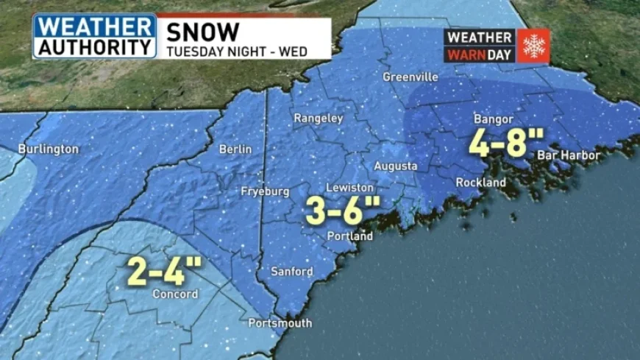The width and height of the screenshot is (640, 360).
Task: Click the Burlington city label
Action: (x=48, y=149)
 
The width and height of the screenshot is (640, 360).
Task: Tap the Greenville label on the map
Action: (x=410, y=77)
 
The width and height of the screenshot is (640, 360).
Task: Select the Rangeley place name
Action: (x=319, y=118)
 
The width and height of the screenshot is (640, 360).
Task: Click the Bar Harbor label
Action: (x=568, y=155)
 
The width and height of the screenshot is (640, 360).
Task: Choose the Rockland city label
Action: (x=480, y=182)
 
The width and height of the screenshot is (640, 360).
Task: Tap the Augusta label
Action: (x=396, y=166)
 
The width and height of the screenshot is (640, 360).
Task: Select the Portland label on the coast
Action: (x=350, y=236)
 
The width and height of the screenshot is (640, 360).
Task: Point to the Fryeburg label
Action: (x=265, y=191)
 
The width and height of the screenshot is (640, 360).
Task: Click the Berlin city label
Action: (x=235, y=149)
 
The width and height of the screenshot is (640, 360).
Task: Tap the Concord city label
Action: (x=175, y=294)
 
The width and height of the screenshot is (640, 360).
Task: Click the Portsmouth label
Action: (x=280, y=323)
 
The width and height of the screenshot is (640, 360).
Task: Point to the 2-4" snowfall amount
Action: (x=165, y=271)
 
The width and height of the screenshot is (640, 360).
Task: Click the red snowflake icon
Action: (x=533, y=46)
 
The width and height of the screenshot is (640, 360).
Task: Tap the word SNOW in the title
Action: (x=202, y=32)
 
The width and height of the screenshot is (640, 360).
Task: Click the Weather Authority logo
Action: (x=94, y=36)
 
